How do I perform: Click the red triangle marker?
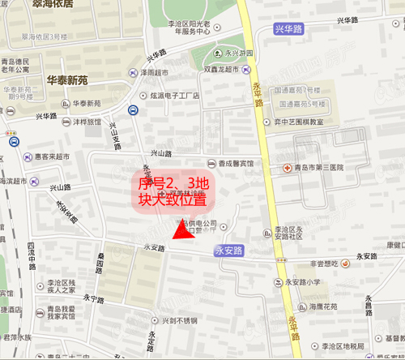[x=184, y=234]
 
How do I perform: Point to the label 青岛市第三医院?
[x=319, y=168]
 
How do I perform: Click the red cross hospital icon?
[x=288, y=168]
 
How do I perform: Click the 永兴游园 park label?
[x=237, y=54]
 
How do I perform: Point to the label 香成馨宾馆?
[x=235, y=162]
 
